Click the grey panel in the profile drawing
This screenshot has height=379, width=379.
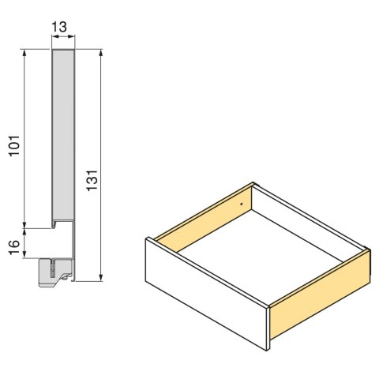pyautogui.click(x=63, y=134)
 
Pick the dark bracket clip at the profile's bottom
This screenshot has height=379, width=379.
pyautogui.click(x=52, y=271)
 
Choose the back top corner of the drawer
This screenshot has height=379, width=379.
pyautogui.click(x=252, y=183)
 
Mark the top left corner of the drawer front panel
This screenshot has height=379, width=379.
pyautogui.click(x=146, y=239)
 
